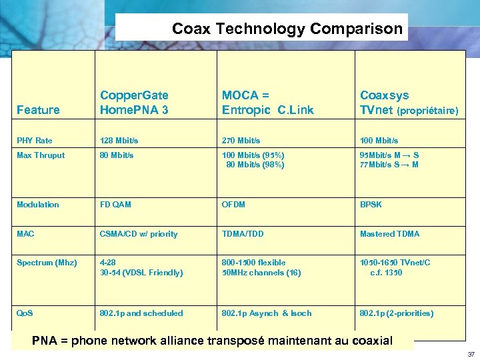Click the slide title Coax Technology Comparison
point(287,29)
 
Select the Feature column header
point(38,110)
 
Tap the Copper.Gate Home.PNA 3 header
point(134,103)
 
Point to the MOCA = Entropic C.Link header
point(267,103)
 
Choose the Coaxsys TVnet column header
point(409,103)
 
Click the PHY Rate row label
point(35,141)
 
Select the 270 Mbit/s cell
point(241,141)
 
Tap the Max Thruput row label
point(41,155)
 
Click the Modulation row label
point(38,205)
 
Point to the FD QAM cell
point(115,205)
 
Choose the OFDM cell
point(233,205)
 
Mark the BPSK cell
point(371,205)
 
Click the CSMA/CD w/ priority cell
point(139,234)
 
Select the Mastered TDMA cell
point(389,234)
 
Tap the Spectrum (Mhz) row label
point(47,263)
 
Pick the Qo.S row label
point(25,313)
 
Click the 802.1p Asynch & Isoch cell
point(267,313)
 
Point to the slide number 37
point(471,354)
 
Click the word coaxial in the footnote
point(367,341)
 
